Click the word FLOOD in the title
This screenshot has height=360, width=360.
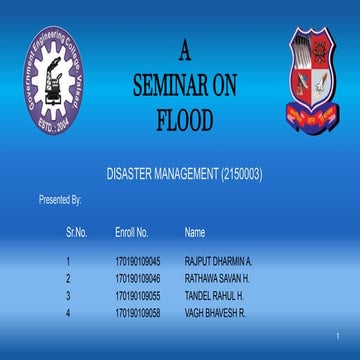[x=184, y=121]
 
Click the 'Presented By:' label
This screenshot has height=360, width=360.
[x=60, y=200]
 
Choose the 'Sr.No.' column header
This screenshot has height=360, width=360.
[x=77, y=232]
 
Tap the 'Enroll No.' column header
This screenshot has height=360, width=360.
[x=133, y=232]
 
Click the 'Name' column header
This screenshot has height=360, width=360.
[x=195, y=232]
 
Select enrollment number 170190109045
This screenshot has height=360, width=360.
[x=138, y=261]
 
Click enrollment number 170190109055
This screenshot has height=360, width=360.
[x=138, y=296]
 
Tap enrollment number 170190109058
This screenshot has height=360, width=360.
[x=138, y=313]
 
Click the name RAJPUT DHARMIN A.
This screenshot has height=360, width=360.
[x=219, y=261]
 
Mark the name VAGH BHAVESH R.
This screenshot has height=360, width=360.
[x=215, y=313]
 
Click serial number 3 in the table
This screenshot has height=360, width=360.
[x=68, y=296]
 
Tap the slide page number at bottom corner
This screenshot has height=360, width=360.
[x=339, y=335]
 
